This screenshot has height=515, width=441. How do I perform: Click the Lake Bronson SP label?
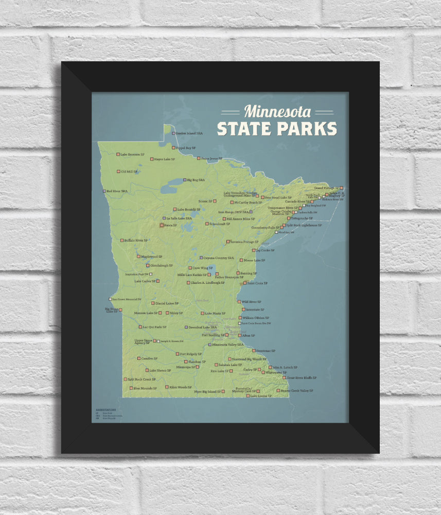pyautogui.click(x=132, y=154)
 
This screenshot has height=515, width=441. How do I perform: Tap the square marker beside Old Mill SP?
pyautogui.click(x=118, y=171)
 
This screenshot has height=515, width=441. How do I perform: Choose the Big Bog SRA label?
pyautogui.click(x=196, y=180)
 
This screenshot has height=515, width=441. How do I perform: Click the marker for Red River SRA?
pyautogui.click(x=104, y=191)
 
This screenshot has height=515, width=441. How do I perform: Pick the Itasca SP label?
pyautogui.click(x=170, y=225)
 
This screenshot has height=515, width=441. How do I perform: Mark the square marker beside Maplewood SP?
pyautogui.click(x=138, y=256)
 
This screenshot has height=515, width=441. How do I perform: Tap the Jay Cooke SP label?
pyautogui.click(x=265, y=250)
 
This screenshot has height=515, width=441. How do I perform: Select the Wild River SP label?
pyautogui.click(x=251, y=302)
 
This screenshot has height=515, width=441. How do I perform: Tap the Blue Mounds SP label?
pyautogui.click(x=145, y=388)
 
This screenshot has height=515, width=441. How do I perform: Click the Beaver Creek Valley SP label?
pyautogui.click(x=297, y=391)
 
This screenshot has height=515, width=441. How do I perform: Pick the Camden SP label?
pyautogui.click(x=149, y=358)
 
